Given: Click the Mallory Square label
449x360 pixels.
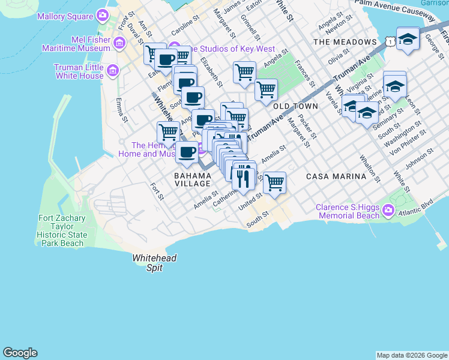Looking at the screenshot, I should pos(65,16).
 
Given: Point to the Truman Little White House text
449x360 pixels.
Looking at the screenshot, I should pos(79,71).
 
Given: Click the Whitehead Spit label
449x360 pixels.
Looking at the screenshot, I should pos(147,263).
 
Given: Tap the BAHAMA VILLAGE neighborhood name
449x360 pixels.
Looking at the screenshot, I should pos(193,180).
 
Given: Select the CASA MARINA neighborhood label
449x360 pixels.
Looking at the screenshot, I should pos(336,176).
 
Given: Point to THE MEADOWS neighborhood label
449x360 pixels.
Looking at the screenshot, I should pos(345,42).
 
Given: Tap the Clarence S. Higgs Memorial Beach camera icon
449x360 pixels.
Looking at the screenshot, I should pos(388,211).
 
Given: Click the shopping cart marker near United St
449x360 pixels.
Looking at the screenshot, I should pos(274,182).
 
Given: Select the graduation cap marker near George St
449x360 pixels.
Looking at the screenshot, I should pos(408,39).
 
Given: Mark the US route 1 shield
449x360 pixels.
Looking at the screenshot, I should pos(391,41).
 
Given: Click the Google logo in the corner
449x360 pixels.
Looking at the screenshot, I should pos(20,353).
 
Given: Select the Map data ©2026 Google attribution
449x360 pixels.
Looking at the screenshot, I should pos(412,355).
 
